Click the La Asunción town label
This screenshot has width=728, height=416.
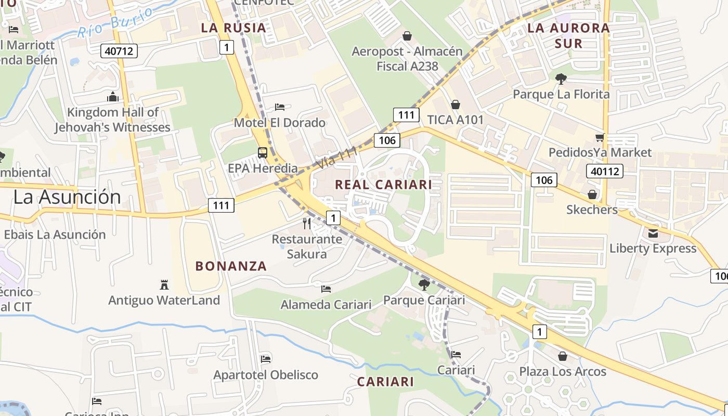tap(67, 197)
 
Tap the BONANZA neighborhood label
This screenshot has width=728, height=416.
tap(231, 266)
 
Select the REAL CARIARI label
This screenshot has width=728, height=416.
tap(383, 185)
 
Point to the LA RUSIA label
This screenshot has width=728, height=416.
tap(233, 28)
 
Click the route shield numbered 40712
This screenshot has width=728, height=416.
tap(119, 50)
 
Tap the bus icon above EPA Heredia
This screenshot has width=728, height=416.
tap(263, 153)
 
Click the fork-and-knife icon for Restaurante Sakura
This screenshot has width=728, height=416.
tap(307, 224)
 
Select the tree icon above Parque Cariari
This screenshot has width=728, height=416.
tap(424, 284)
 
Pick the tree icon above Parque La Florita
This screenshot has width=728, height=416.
tap(561, 79)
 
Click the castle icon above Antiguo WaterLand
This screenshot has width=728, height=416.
tap(164, 284)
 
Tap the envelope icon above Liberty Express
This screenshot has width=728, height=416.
tap(653, 233)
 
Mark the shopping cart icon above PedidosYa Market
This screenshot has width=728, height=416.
tap(600, 137)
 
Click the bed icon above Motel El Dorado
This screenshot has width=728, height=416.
tap(280, 107)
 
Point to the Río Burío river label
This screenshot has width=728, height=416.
tap(115, 22)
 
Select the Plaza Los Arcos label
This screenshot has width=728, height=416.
tap(563, 372)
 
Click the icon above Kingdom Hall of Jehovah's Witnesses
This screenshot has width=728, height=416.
tap(112, 97)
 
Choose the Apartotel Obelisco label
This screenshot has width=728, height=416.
tap(266, 375)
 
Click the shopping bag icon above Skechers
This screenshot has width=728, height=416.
tap(592, 194)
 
